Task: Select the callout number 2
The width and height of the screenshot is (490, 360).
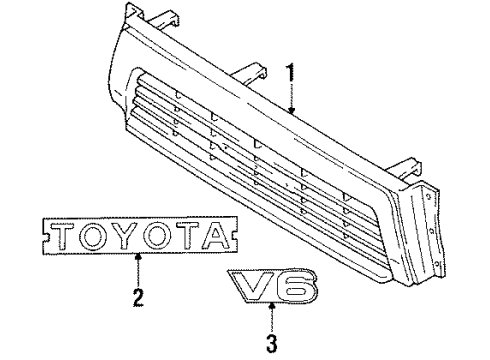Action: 138,297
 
